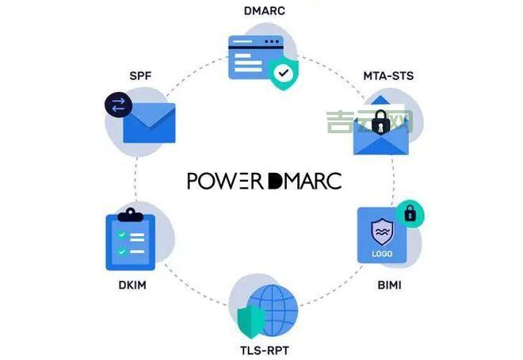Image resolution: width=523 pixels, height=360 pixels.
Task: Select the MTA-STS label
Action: [388, 77]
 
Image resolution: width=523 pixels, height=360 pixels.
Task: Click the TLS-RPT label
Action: [263, 349]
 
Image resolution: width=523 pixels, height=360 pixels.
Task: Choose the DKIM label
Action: [129, 283]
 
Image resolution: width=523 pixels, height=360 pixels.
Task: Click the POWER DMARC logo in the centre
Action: [264, 181]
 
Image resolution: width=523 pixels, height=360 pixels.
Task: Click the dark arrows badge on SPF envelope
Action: [118, 105]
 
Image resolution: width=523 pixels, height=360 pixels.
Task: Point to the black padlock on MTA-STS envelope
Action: [381, 121]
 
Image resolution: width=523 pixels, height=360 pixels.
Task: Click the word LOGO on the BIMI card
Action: [382, 255]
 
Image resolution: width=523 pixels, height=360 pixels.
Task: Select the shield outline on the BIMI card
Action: [382, 231]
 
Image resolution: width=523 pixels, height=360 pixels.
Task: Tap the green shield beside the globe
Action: [250, 321]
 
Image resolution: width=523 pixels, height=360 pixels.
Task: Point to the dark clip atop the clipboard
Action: [128, 214]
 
